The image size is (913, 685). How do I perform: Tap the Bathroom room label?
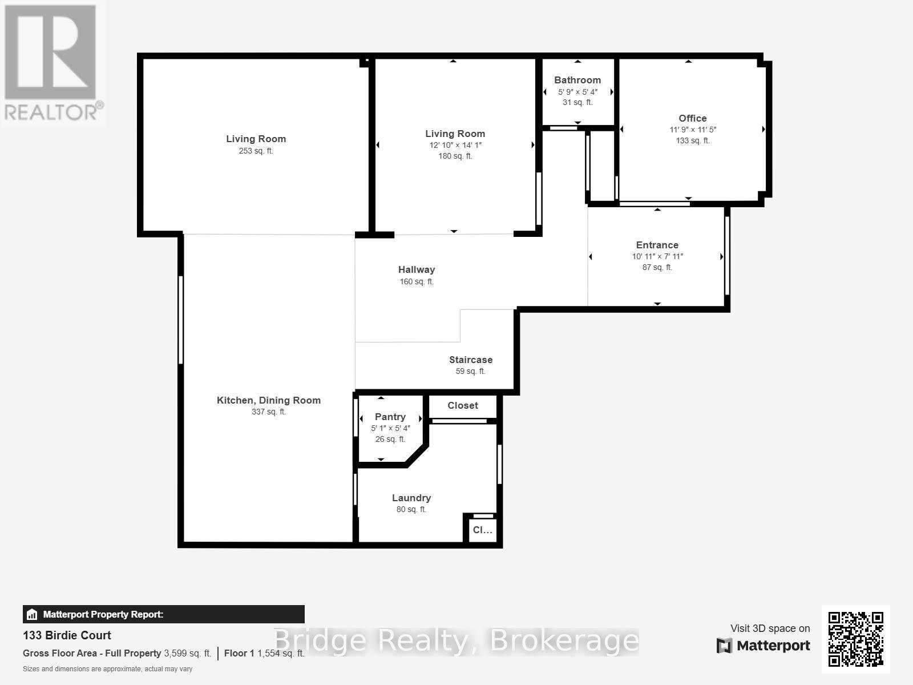pyautogui.click(x=577, y=80)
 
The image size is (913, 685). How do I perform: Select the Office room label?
pyautogui.click(x=693, y=118)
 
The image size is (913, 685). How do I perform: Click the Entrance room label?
pyautogui.click(x=657, y=245)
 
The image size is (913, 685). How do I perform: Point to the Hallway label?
pyautogui.click(x=417, y=269)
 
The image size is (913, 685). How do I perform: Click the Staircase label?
pyautogui.click(x=471, y=360)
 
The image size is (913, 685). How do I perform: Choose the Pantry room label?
pyautogui.click(x=390, y=417)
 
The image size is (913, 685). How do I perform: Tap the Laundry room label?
pyautogui.click(x=411, y=498)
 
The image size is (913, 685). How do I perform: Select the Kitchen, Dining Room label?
pyautogui.click(x=269, y=400)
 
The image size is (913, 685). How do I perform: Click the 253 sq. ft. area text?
pyautogui.click(x=256, y=151)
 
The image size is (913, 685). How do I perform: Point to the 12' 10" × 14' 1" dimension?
pyautogui.click(x=455, y=146)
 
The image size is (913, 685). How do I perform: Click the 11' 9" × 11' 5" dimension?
pyautogui.click(x=693, y=130)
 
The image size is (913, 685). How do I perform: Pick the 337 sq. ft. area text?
pyautogui.click(x=269, y=412)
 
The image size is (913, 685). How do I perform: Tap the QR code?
pyautogui.click(x=855, y=639)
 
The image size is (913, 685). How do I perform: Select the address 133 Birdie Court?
pyautogui.click(x=67, y=635)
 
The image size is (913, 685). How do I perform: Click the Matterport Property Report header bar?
pyautogui.click(x=164, y=614)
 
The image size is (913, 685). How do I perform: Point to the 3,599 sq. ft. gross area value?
pyautogui.click(x=188, y=654)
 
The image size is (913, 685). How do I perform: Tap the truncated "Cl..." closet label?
pyautogui.click(x=482, y=530)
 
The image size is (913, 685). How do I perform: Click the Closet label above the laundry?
pyautogui.click(x=463, y=405)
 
